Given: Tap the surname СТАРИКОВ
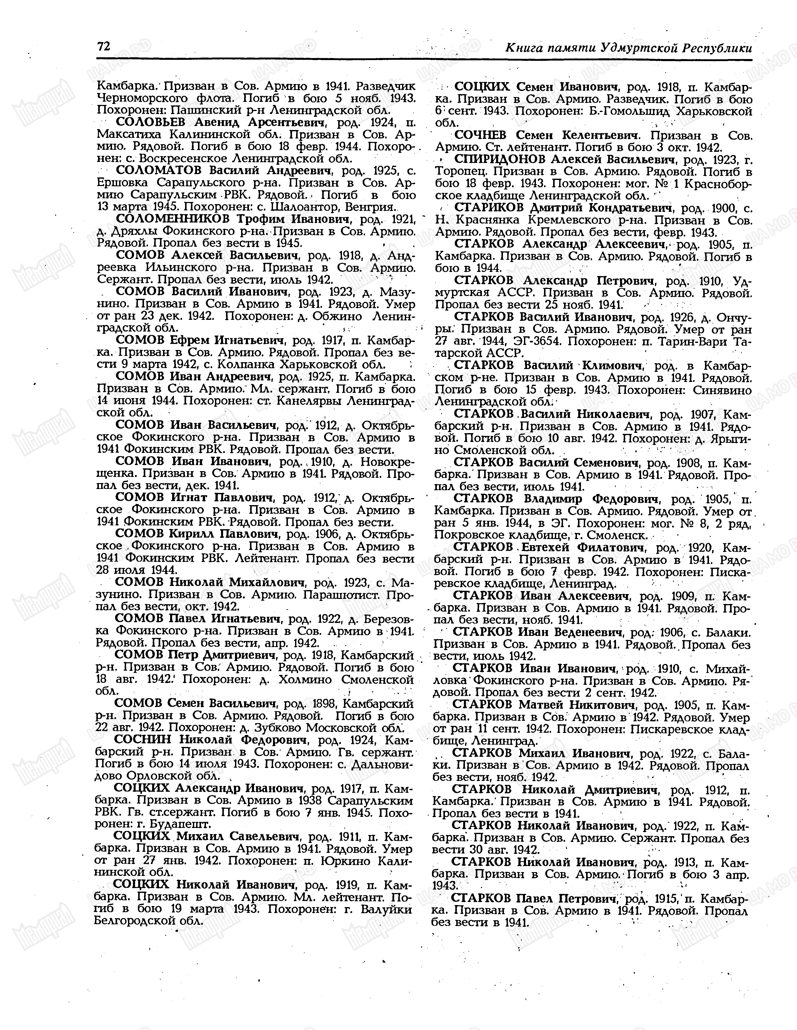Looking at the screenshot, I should point(488,208).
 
